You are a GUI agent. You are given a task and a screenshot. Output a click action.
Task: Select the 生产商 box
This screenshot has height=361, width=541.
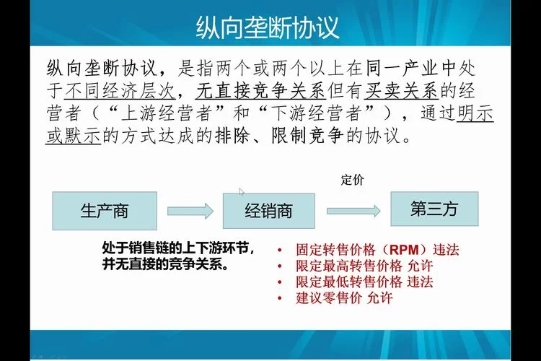click(104, 211)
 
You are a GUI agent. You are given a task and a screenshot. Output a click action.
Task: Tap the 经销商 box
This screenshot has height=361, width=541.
click(268, 211)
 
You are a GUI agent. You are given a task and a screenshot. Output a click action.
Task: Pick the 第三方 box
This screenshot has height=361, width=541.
click(434, 209)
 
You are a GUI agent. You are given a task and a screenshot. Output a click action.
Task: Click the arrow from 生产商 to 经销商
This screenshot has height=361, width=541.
click(190, 211)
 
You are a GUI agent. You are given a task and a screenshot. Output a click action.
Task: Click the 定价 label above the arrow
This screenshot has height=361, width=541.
click(352, 180)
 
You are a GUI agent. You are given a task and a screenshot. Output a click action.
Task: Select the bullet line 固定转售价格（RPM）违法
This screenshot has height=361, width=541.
click(377, 250)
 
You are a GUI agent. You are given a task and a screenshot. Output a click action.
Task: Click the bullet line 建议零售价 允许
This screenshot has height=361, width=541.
click(343, 297)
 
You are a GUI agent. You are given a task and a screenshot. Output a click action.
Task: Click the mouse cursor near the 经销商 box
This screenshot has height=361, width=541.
click(242, 191)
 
